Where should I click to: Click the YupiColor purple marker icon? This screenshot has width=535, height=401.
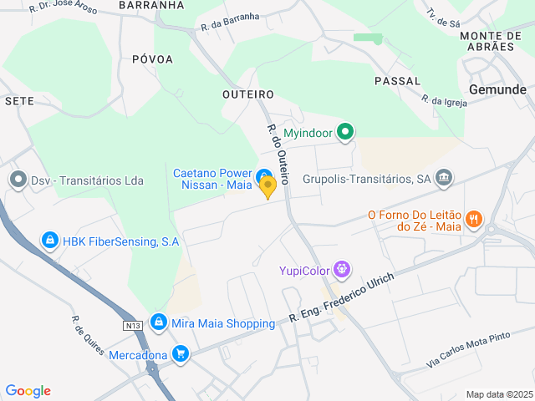(341, 270)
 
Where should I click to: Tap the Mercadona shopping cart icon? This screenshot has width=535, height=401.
(180, 354)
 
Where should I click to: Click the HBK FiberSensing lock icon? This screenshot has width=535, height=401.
(50, 241)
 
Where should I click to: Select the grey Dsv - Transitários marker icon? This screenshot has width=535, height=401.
(18, 180)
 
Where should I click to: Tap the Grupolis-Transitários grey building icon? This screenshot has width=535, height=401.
(444, 177)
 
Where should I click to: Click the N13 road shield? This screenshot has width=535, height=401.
(131, 325)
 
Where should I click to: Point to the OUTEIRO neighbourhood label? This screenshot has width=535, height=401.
(248, 94)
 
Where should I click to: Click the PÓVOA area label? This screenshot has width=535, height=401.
(152, 59)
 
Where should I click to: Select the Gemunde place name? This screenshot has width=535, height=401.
(498, 89)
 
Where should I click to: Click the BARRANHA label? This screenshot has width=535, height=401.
(150, 5)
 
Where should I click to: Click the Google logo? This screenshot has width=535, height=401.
(28, 391)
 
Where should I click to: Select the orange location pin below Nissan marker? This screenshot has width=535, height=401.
(267, 189)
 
